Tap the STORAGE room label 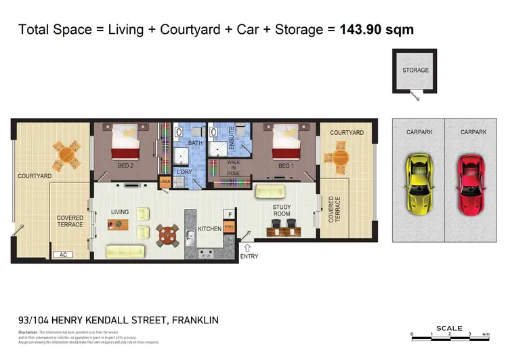[415, 71]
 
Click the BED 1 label [286, 166]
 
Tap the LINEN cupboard [165, 182]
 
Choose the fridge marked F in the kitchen [230, 214]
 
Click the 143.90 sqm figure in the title [377, 30]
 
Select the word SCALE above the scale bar [449, 328]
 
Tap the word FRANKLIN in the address [196, 321]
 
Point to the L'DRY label [184, 172]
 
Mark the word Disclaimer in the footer [29, 333]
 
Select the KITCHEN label [210, 229]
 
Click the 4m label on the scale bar [485, 335]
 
